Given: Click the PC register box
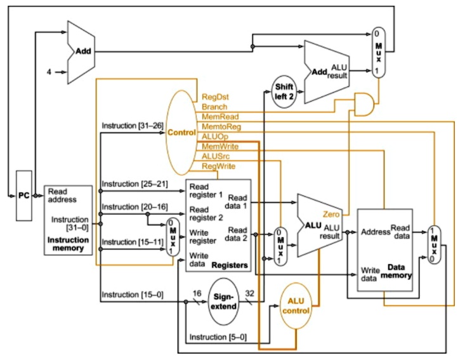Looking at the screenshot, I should (23, 196).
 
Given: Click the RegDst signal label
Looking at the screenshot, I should (215, 97).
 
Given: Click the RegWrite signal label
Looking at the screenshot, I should (218, 166).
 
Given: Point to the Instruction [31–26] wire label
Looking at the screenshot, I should (131, 126).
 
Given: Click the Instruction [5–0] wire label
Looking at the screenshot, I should (216, 336).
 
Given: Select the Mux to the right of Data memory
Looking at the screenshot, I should (434, 245).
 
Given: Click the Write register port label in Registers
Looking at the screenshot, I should (204, 237).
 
